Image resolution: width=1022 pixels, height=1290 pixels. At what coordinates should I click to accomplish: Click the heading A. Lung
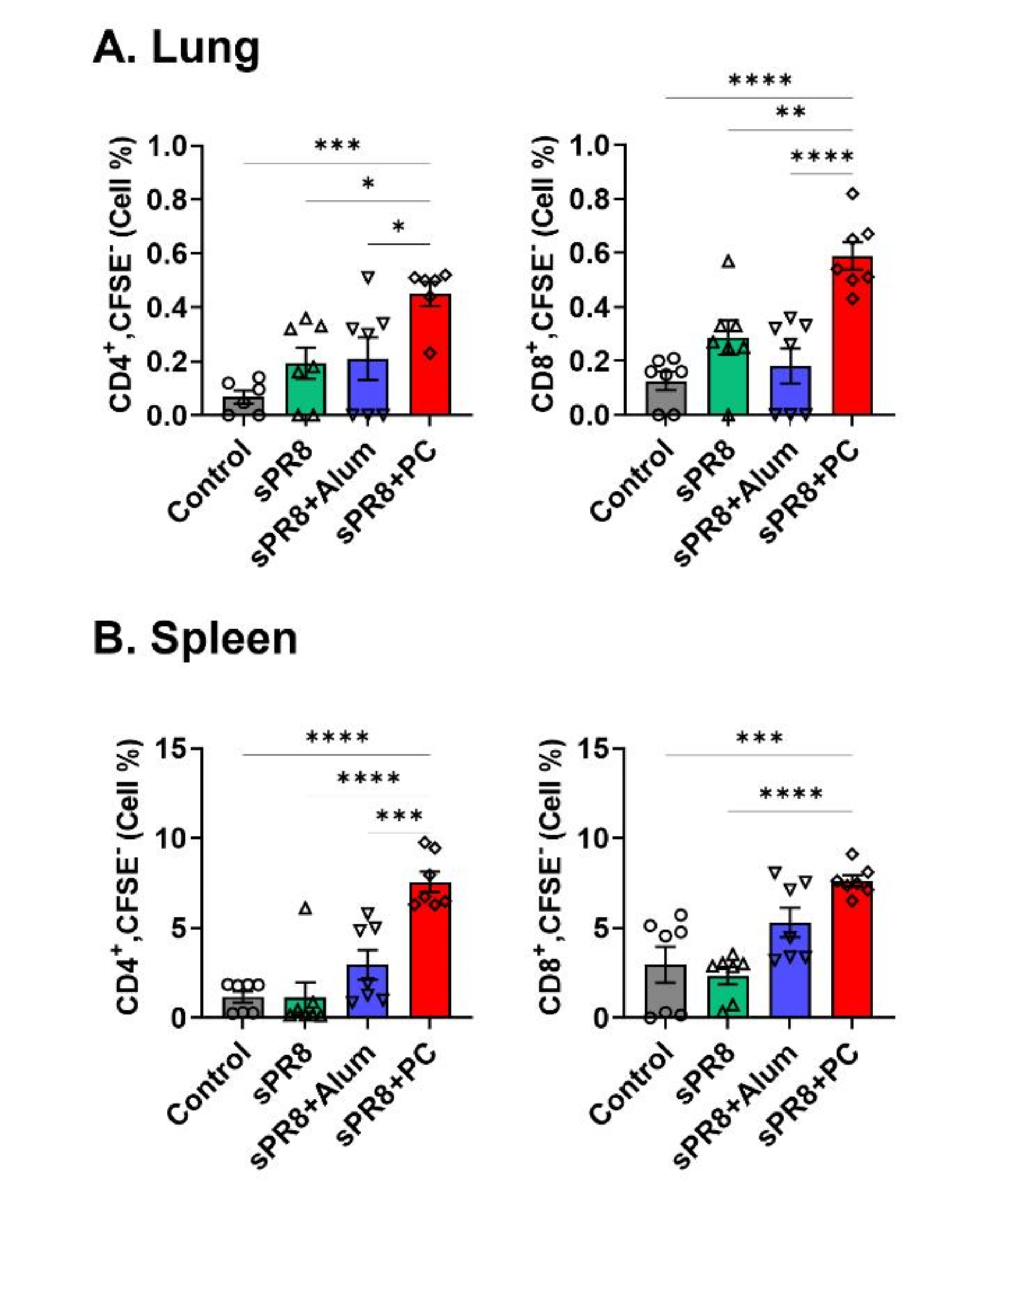click(176, 48)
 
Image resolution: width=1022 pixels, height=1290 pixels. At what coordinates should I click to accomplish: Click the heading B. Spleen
click(195, 639)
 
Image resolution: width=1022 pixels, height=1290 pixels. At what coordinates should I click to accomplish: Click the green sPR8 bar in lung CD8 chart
click(728, 377)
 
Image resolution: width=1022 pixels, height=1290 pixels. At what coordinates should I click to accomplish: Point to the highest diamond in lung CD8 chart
click(853, 193)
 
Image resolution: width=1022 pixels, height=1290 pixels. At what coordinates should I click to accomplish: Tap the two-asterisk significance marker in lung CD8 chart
click(790, 112)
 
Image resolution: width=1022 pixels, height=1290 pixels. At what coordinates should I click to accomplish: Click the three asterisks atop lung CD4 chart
click(337, 145)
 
